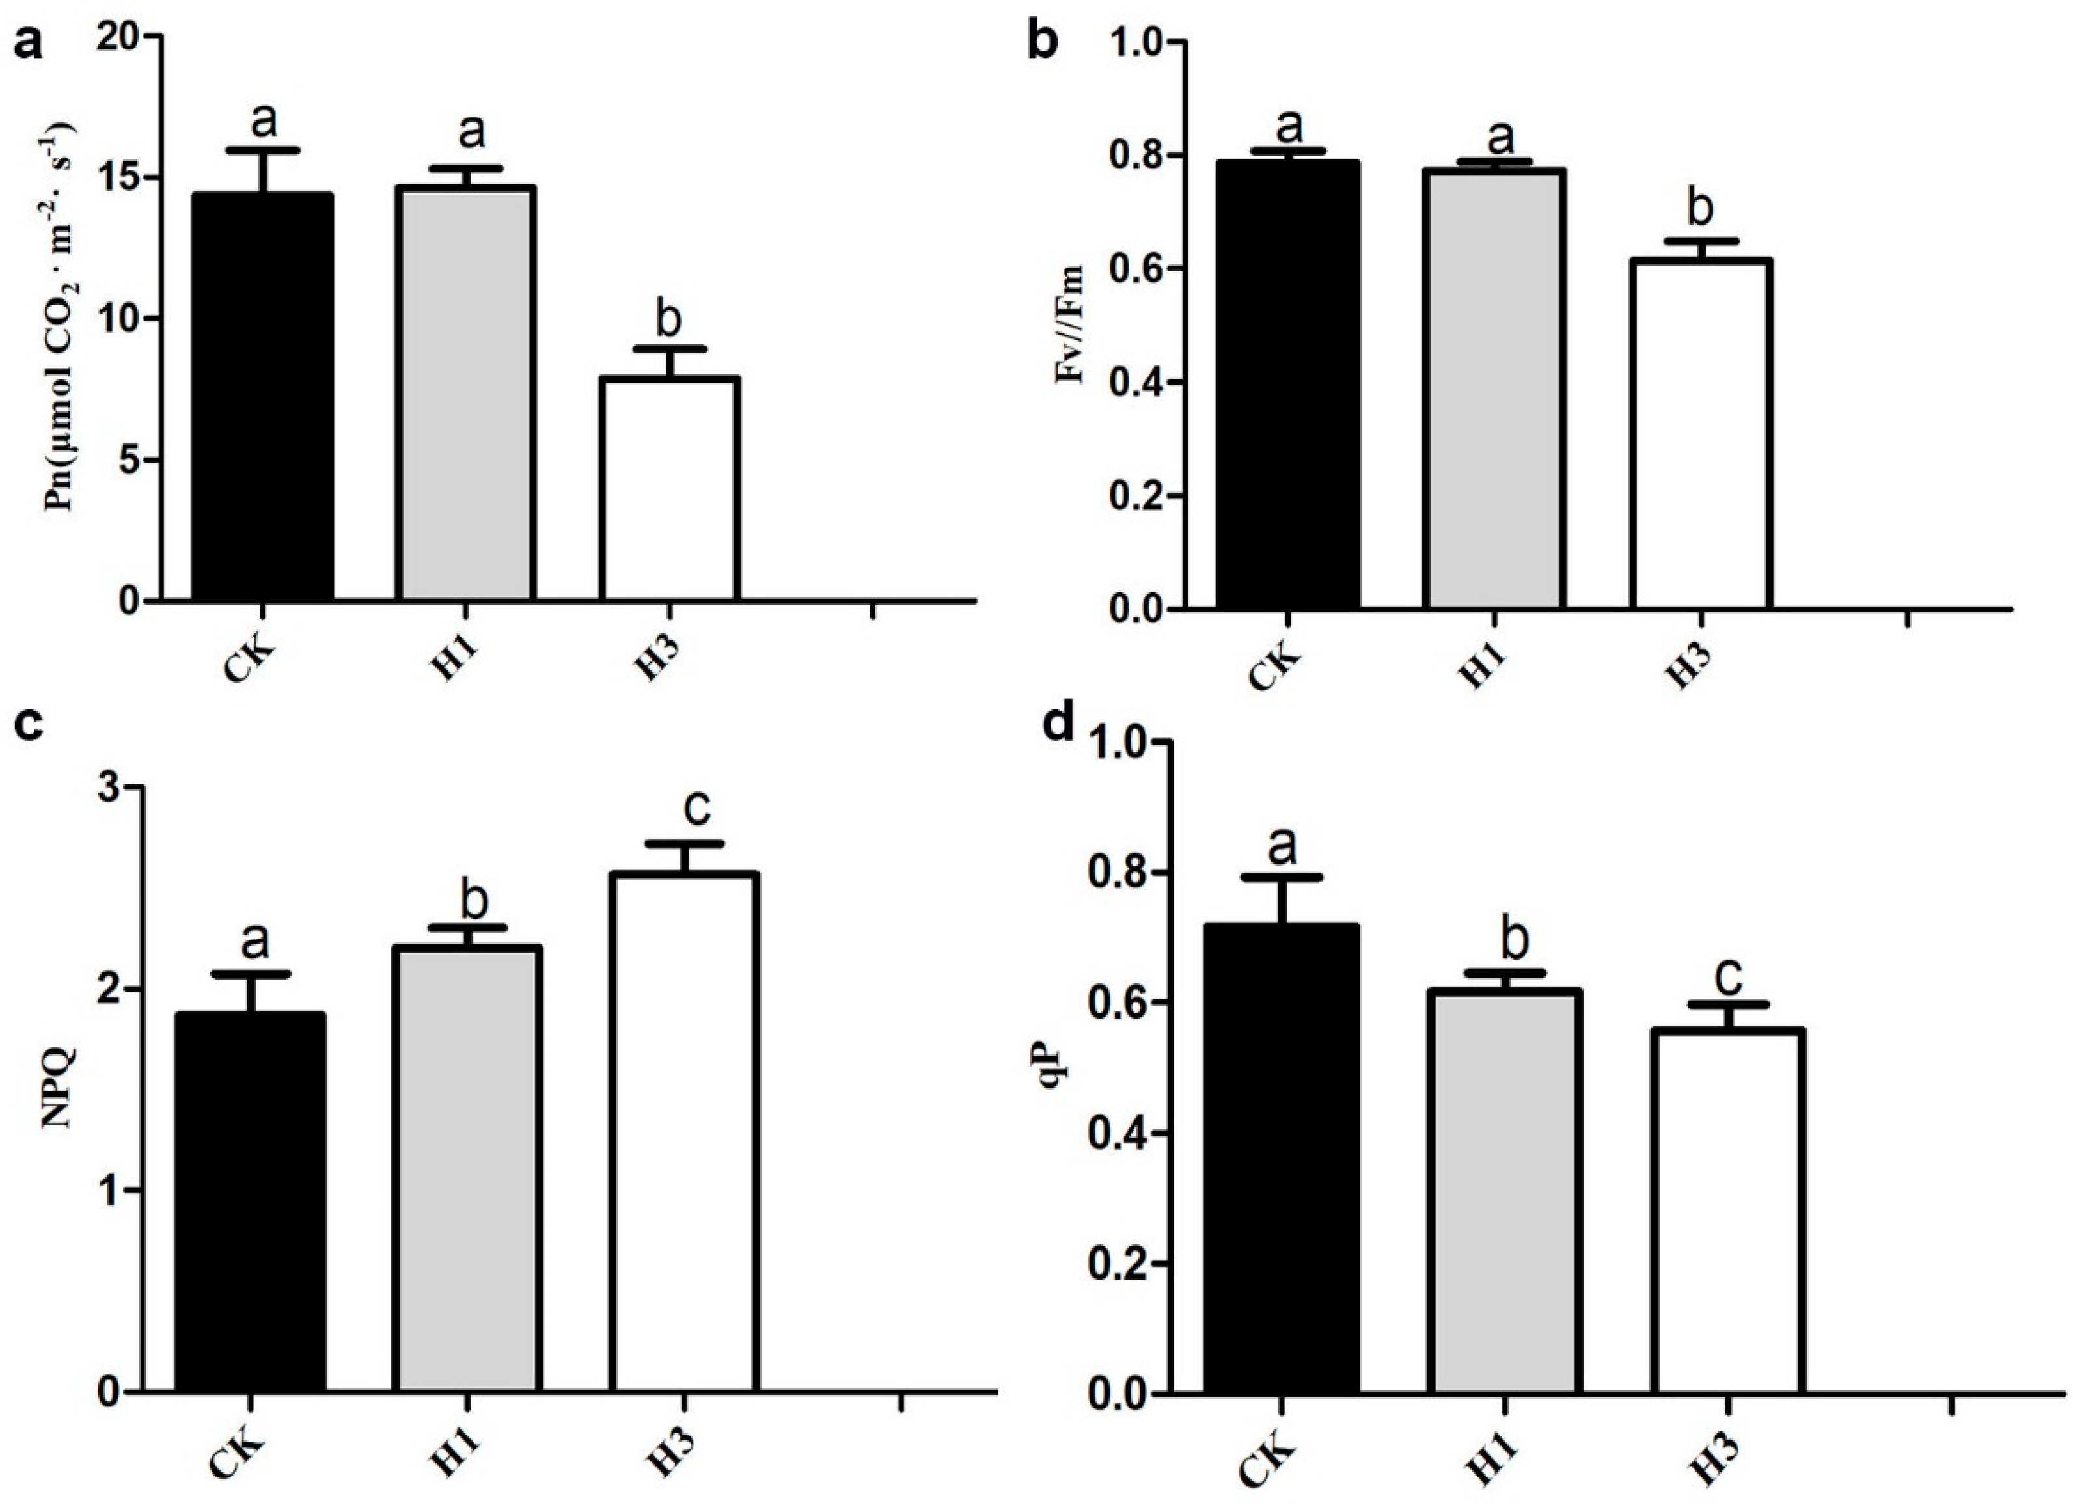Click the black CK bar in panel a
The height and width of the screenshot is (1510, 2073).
262,398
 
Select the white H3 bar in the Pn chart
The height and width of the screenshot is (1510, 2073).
669,489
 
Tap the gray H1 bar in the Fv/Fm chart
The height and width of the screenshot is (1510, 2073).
1492,389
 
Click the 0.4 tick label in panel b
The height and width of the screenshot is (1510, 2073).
1129,382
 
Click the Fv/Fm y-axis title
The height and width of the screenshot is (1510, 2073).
1069,325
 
